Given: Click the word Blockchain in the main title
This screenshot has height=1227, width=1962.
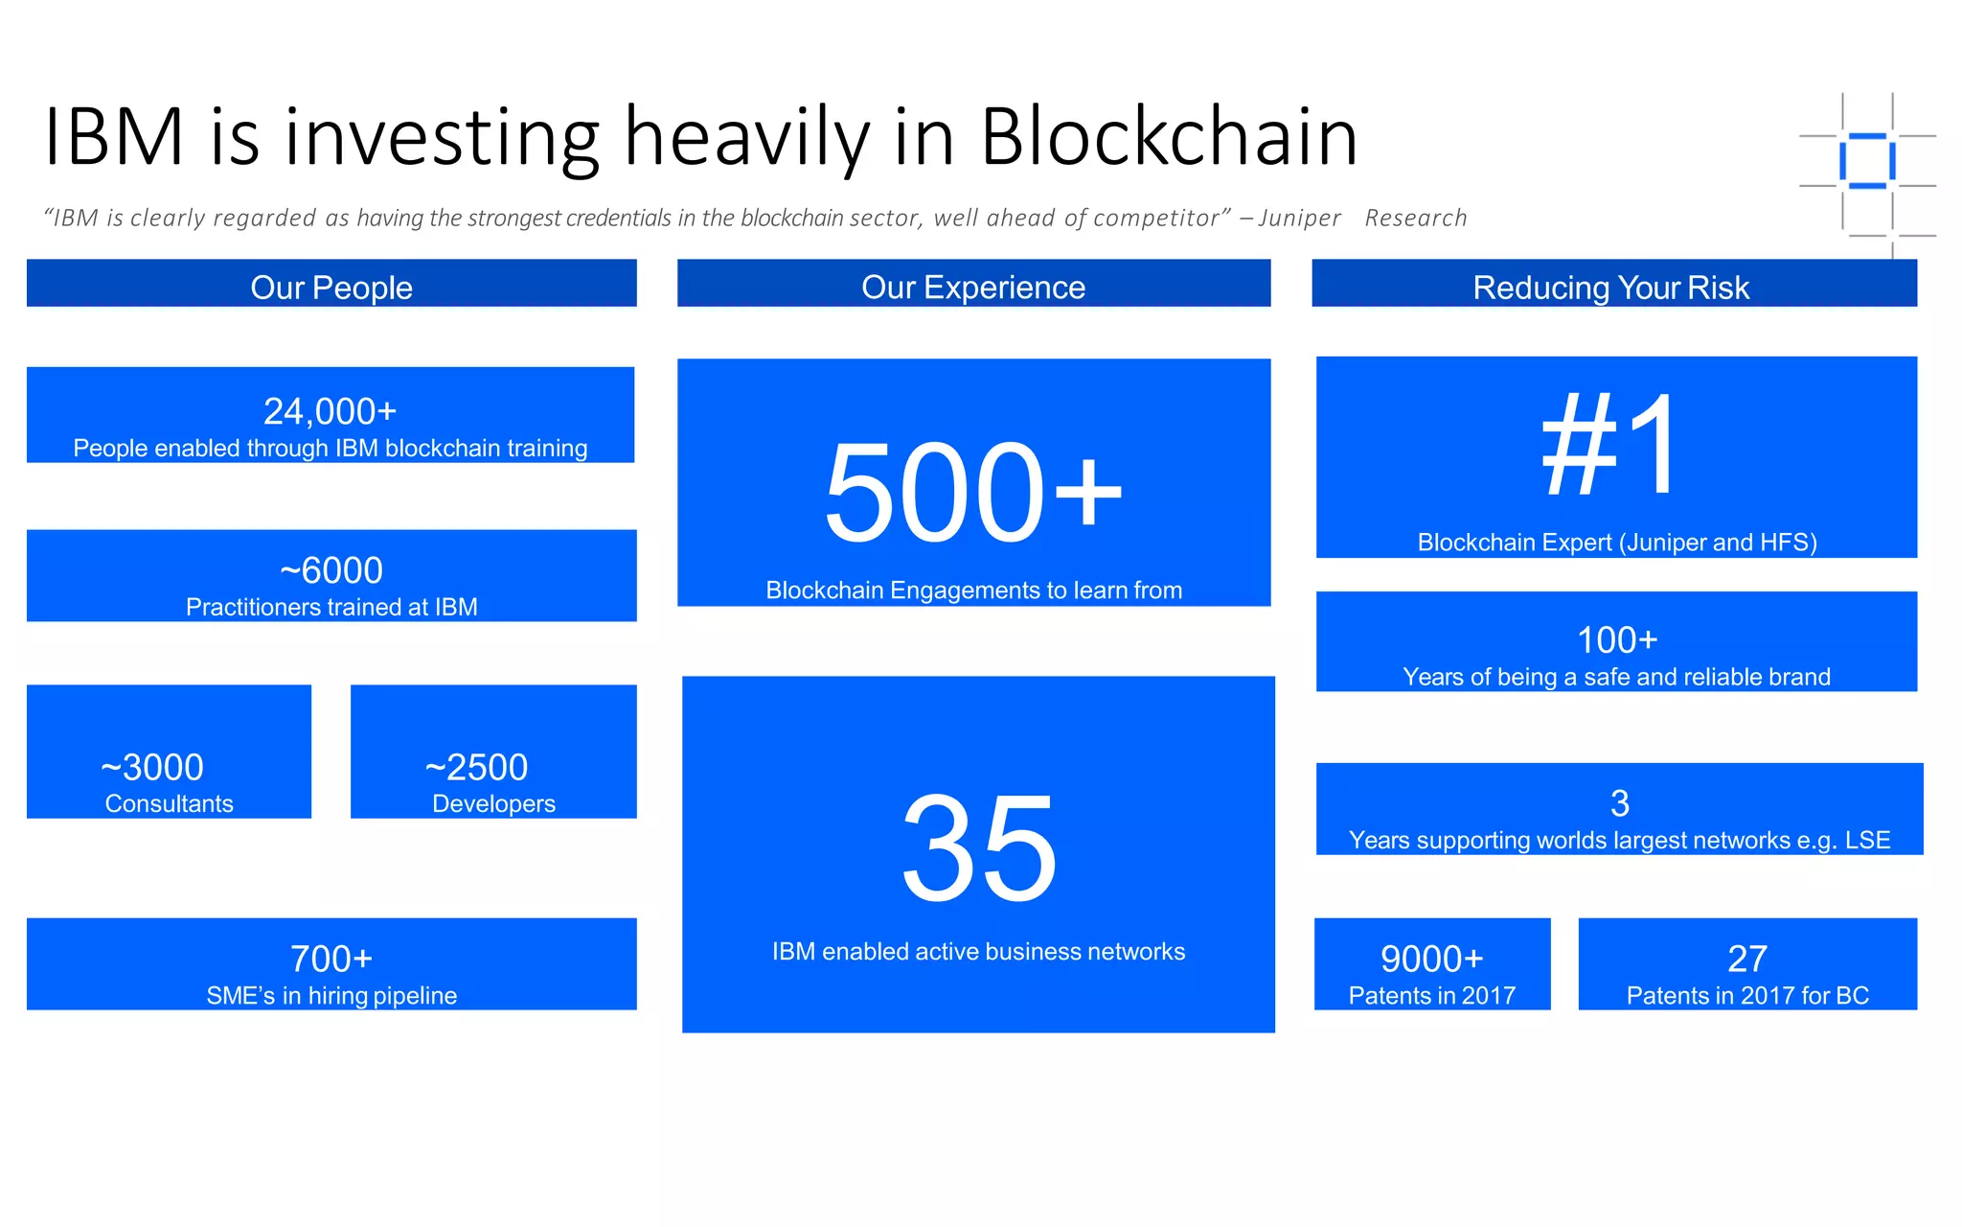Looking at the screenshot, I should tap(1169, 137).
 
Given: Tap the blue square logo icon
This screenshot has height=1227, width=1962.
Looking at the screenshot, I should tap(1866, 161).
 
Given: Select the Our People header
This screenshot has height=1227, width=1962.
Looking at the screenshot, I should tap(331, 287).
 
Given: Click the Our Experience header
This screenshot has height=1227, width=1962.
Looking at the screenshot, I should tap(973, 287).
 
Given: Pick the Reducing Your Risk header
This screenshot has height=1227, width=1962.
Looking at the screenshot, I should tap(1611, 287).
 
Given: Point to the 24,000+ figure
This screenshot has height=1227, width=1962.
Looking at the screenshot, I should tap(330, 411).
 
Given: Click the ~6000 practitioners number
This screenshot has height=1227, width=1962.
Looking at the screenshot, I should tap(331, 570).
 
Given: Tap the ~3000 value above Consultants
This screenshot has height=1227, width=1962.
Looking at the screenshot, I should tap(152, 767).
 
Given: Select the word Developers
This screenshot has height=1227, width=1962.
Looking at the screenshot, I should tap(493, 803).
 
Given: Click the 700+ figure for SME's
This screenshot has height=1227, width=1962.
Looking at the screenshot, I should tap(331, 959).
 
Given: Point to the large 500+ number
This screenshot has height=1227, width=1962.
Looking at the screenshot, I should tap(973, 493).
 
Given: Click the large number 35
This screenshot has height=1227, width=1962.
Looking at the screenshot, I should tap(979, 849).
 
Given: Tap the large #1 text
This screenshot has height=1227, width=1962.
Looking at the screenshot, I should tap(1611, 446).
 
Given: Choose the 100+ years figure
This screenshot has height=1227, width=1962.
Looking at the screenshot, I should tap(1617, 639).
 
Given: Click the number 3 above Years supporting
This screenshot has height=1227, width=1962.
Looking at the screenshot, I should tap(1619, 803).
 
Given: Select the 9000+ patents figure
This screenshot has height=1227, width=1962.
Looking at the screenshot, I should tap(1431, 959).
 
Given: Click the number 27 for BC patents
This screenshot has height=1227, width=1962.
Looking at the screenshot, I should tap(1747, 959).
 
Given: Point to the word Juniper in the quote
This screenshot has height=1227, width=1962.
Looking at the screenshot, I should tap(1299, 219).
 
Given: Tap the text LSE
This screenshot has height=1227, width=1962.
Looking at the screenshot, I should tap(1867, 840).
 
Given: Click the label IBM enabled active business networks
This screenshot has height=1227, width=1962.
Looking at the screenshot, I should tap(978, 951).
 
